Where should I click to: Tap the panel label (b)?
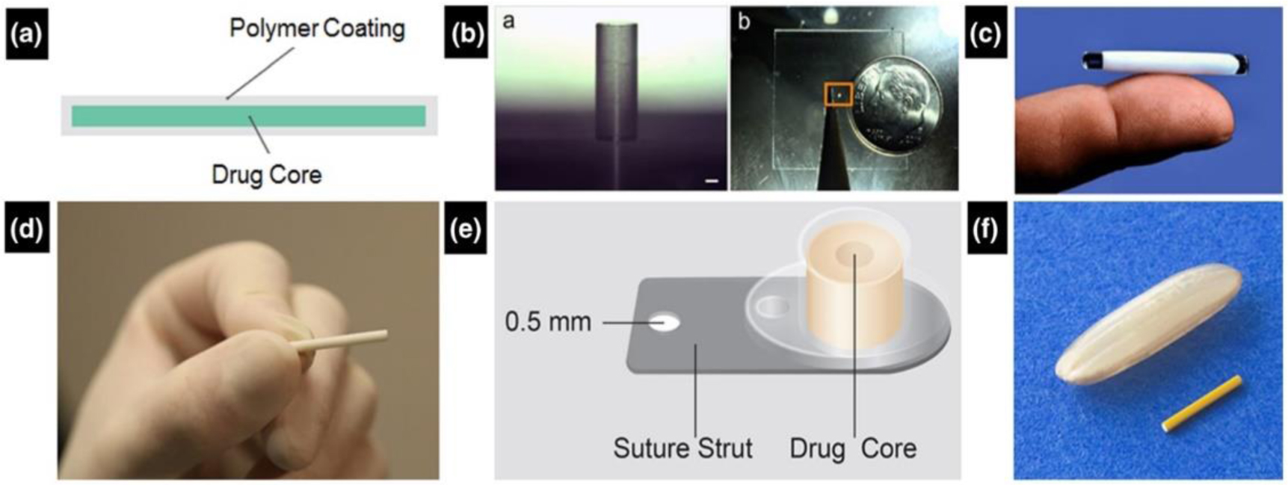tap(465, 34)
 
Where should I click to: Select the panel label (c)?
tap(985, 34)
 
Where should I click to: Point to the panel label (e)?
tap(465, 230)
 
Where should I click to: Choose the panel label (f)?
tap(985, 230)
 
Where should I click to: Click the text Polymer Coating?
tap(317, 28)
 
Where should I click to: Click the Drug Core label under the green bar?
tap(267, 175)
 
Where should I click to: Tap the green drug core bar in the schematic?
tap(248, 116)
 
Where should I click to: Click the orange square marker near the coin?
tap(839, 94)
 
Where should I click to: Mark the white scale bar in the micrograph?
tap(711, 181)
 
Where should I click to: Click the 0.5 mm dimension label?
tap(548, 322)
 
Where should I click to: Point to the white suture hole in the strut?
tap(664, 323)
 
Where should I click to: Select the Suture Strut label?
tap(682, 448)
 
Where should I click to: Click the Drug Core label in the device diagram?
tap(853, 448)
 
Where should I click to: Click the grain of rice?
tap(1147, 324)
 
